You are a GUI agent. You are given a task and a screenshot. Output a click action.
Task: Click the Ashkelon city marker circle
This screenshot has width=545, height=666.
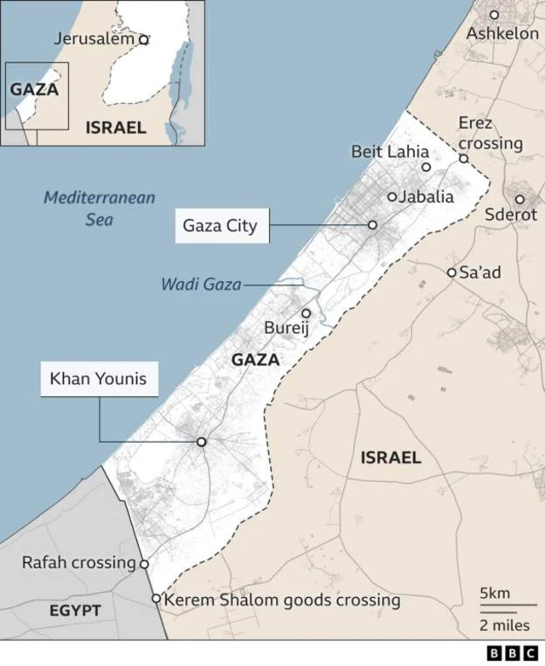tap(494, 14)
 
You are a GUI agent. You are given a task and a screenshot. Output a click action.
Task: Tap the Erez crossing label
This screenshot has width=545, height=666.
tap(490, 133)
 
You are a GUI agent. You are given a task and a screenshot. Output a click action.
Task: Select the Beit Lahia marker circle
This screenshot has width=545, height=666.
tap(426, 167)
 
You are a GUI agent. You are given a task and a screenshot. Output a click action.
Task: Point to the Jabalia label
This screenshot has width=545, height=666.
tap(427, 197)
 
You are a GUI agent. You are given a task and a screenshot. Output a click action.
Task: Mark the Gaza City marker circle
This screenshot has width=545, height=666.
tap(372, 225)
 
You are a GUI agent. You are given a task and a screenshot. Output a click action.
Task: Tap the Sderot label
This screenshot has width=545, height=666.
tap(511, 215)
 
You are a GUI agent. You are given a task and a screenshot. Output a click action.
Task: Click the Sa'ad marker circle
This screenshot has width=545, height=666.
tap(451, 273)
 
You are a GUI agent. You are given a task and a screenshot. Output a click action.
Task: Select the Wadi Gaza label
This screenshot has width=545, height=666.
tap(201, 284)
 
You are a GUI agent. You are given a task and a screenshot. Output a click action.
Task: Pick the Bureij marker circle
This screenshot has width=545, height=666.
tap(307, 313)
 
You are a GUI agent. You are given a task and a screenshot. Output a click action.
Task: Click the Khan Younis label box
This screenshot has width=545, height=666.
tap(99, 379)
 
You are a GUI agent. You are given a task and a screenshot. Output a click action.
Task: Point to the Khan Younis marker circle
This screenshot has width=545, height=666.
tap(202, 442)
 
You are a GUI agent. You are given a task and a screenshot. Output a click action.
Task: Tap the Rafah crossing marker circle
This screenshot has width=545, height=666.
tap(144, 564)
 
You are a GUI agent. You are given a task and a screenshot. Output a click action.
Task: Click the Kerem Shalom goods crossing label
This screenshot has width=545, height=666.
tap(282, 600)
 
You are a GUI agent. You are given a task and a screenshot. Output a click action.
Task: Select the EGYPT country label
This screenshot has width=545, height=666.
tap(75, 611)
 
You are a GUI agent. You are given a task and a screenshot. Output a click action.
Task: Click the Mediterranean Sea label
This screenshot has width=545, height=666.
tap(100, 209)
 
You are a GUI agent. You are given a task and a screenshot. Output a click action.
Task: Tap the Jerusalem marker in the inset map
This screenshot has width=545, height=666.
tap(143, 38)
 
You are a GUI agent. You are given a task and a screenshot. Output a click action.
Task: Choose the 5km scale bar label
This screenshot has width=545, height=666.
tap(495, 593)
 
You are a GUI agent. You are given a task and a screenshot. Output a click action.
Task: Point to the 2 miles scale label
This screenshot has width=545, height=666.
tap(504, 626)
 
